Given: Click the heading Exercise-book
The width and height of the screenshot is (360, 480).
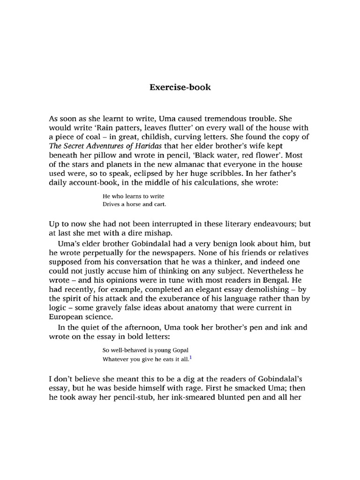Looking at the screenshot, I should point(180,87).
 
